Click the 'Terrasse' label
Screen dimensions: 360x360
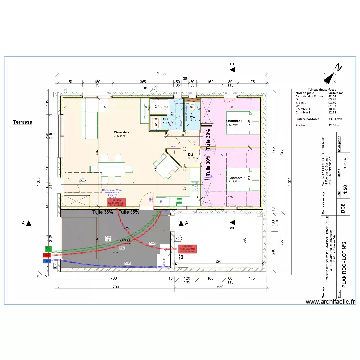point(23,122)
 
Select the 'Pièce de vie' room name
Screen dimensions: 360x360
point(123,132)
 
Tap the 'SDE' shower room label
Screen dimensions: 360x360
point(167,119)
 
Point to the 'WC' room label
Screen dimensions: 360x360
point(192,117)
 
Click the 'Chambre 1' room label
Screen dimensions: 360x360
point(234,121)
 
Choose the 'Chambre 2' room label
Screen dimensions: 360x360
point(237,178)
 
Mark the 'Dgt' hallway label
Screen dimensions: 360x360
point(191,155)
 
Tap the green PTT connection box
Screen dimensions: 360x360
point(48,248)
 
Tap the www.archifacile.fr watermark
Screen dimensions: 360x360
point(330,302)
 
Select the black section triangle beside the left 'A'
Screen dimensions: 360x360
point(29,223)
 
